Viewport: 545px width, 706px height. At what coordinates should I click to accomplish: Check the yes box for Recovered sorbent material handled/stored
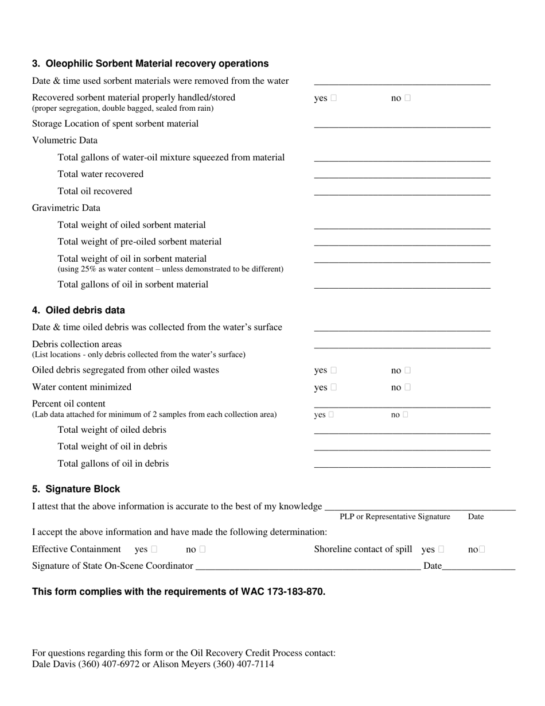point(334,98)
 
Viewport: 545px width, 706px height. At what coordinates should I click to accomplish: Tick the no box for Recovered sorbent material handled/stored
point(408,98)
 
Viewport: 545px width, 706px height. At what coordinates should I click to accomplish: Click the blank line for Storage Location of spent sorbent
point(402,125)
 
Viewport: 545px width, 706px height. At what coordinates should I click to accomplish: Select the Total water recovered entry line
point(402,175)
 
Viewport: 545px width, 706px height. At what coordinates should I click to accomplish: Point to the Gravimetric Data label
point(66,208)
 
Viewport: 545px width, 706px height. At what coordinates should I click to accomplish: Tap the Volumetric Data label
point(65,140)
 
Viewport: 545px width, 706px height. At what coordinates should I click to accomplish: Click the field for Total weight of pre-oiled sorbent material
point(402,243)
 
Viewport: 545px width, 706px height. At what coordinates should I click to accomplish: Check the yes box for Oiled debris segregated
point(334,371)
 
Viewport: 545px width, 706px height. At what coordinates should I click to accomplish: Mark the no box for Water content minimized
point(408,387)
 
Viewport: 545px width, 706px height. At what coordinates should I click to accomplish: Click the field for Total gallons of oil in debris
point(402,465)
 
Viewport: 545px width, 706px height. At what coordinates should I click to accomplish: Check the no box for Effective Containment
point(203,550)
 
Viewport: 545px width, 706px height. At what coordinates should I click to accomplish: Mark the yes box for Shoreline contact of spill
point(441,550)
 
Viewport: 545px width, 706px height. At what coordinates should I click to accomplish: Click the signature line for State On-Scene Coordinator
point(307,567)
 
